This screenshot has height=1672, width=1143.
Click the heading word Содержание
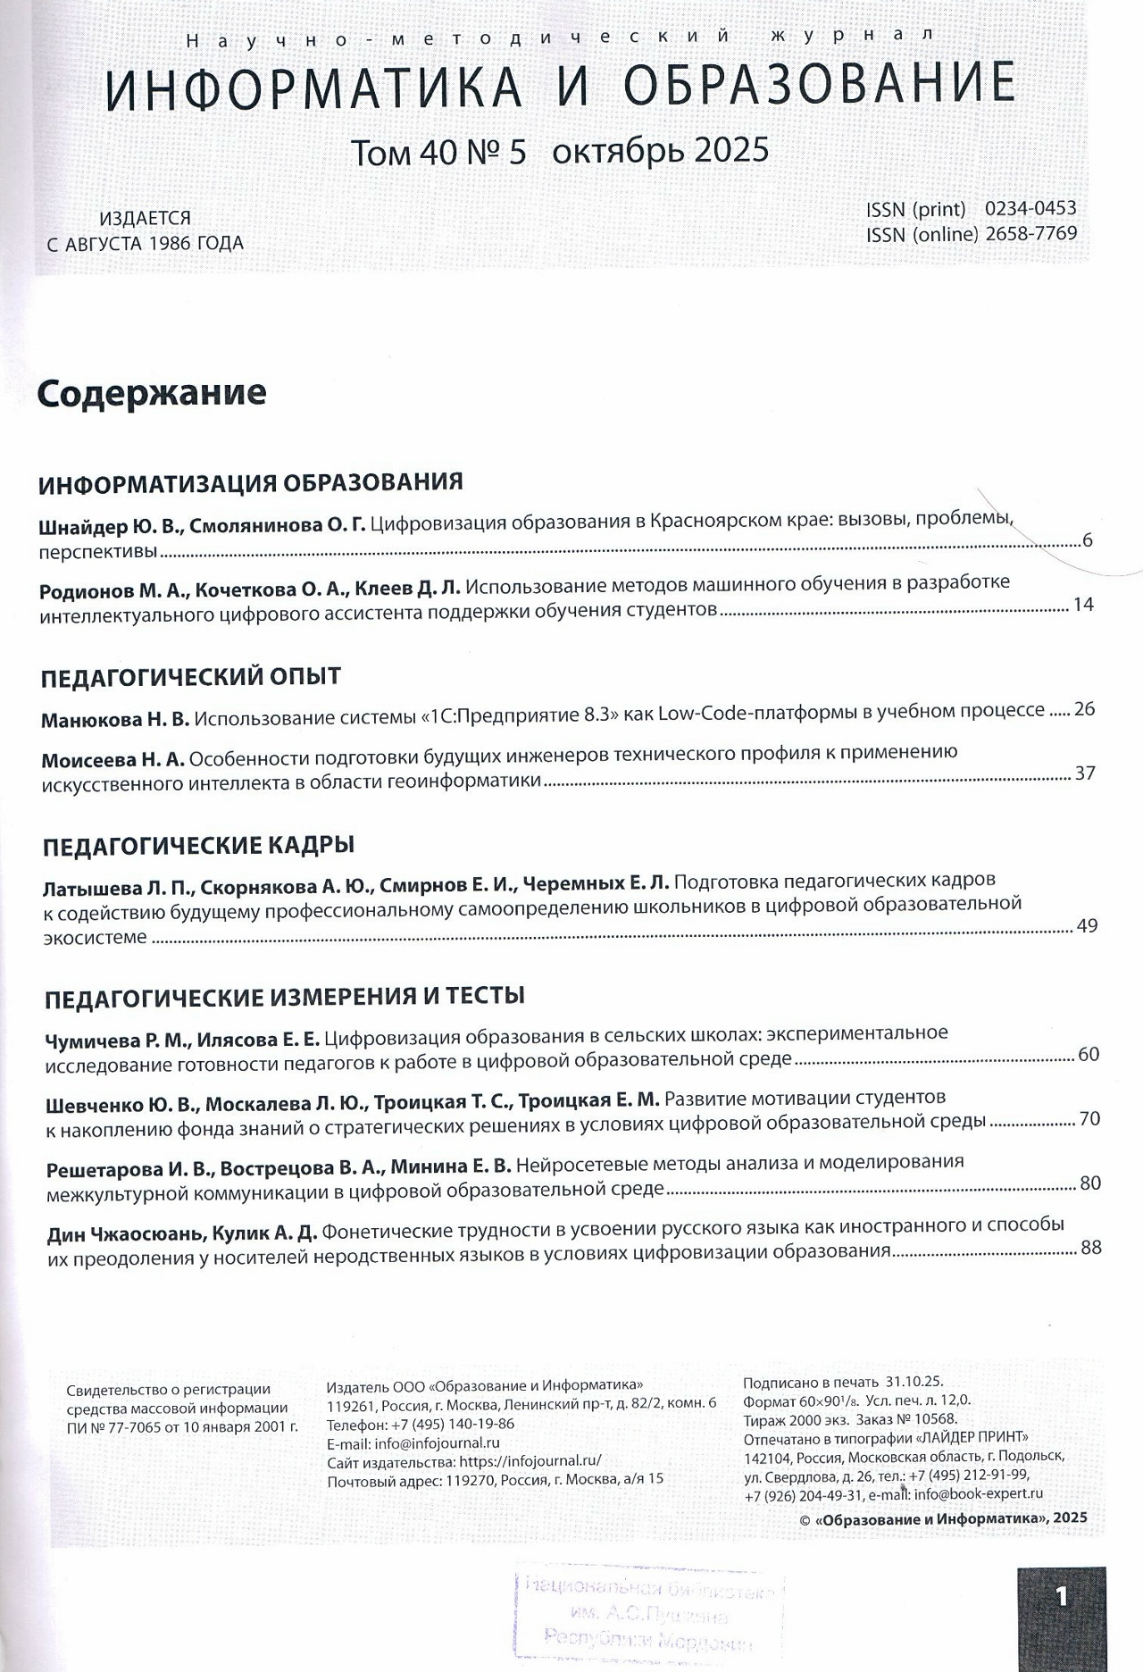[x=152, y=393]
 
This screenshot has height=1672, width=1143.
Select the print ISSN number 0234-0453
[x=1030, y=209]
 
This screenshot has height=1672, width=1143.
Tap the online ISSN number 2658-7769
[x=1030, y=234]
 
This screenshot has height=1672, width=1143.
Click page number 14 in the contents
[x=1083, y=605]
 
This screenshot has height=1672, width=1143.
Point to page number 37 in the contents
[x=1084, y=773]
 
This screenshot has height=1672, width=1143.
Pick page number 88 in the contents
[x=1090, y=1248]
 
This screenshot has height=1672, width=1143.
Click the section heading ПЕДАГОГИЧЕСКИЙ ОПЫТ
[x=191, y=676]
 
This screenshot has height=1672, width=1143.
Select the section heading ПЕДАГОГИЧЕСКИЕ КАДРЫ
[x=198, y=845]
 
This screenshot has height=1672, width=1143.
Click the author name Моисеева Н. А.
[x=113, y=760]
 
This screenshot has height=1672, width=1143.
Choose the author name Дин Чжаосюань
[x=126, y=1233]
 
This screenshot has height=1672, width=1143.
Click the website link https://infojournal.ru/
[x=530, y=1461]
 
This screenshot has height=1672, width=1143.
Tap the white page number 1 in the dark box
[x=1061, y=1596]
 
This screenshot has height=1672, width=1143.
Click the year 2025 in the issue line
[x=730, y=150]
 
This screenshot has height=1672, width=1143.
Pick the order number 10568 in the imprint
[x=937, y=1419]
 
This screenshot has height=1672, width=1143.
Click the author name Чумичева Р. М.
[x=117, y=1040]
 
